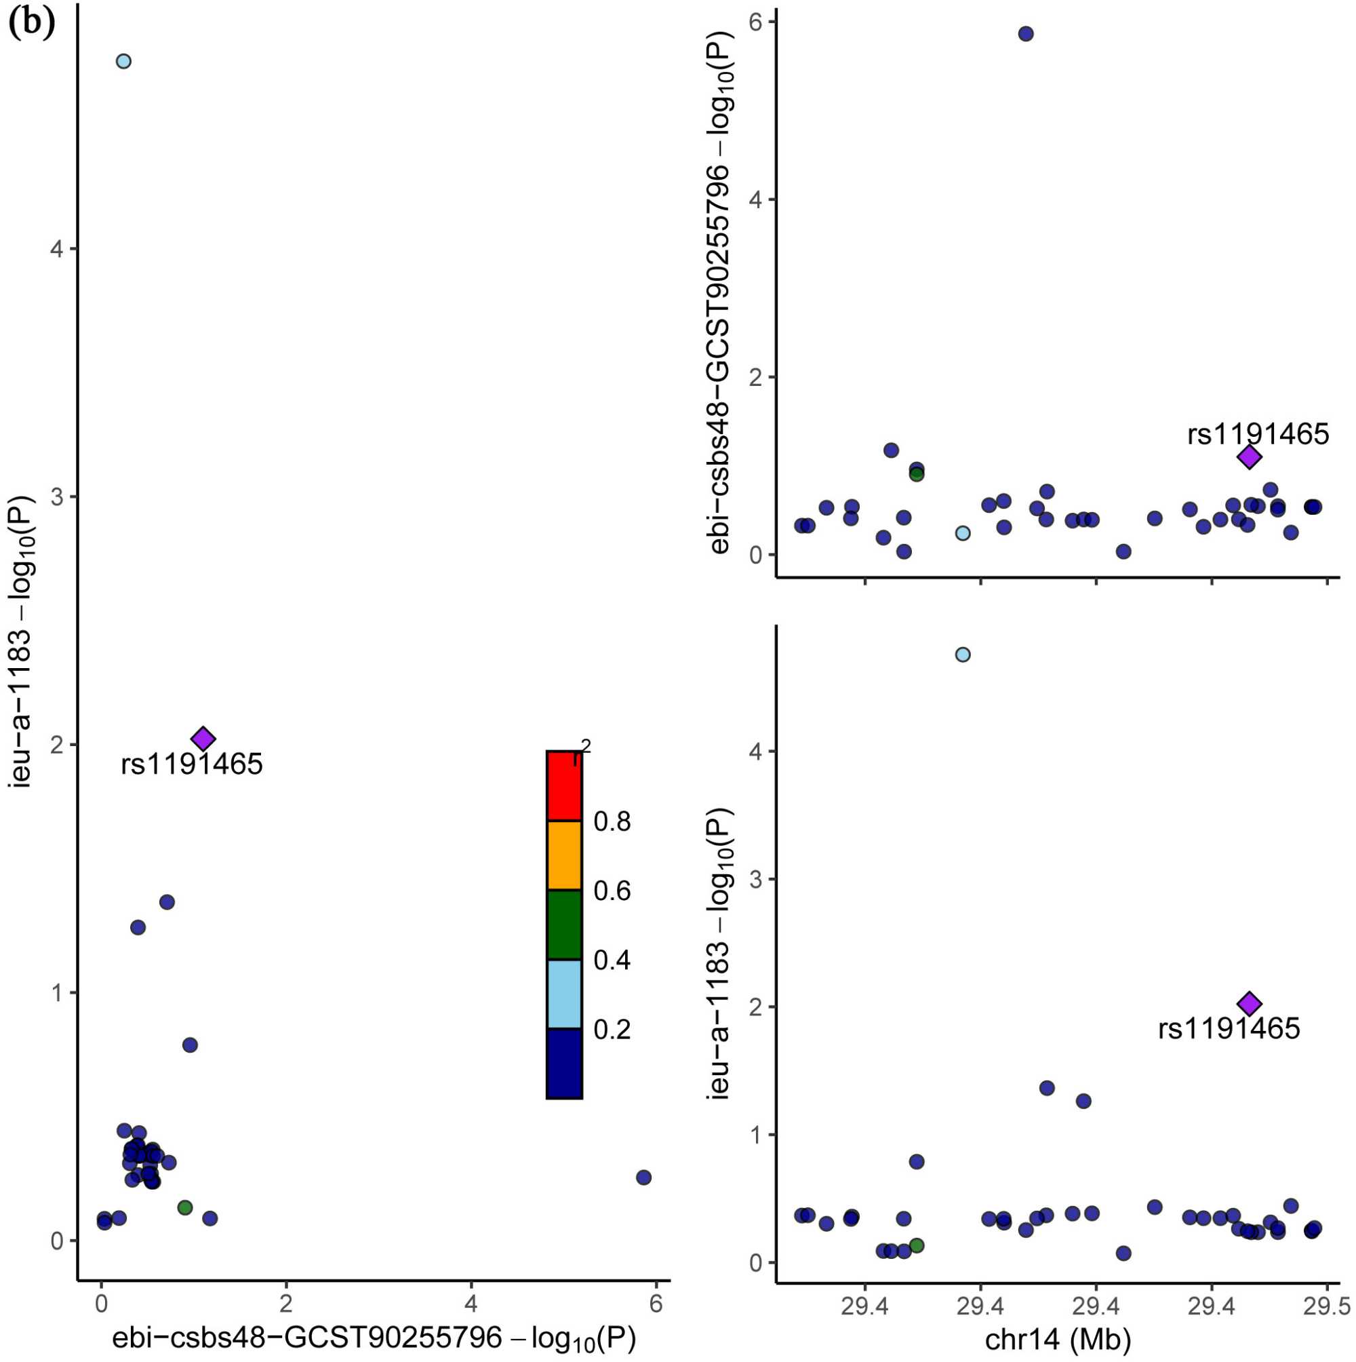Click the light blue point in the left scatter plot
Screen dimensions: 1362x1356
pos(123,61)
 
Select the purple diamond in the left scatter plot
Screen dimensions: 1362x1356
pos(203,739)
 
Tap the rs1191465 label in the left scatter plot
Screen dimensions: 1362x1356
pos(192,764)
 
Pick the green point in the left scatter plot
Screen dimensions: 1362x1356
pos(185,1207)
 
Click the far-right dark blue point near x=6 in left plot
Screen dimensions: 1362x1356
pos(643,1178)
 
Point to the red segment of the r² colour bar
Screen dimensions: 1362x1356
pos(564,786)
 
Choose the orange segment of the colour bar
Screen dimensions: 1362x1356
pos(564,855)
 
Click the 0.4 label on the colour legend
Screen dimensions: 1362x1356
pos(612,960)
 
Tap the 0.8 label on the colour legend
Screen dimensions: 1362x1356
pos(612,822)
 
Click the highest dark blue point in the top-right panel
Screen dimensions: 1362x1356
pos(1026,34)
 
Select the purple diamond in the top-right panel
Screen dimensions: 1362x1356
pos(1250,456)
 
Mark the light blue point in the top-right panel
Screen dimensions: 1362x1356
pos(963,533)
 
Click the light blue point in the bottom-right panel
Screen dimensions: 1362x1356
pos(963,655)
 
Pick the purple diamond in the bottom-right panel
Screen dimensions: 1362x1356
pos(1250,1004)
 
